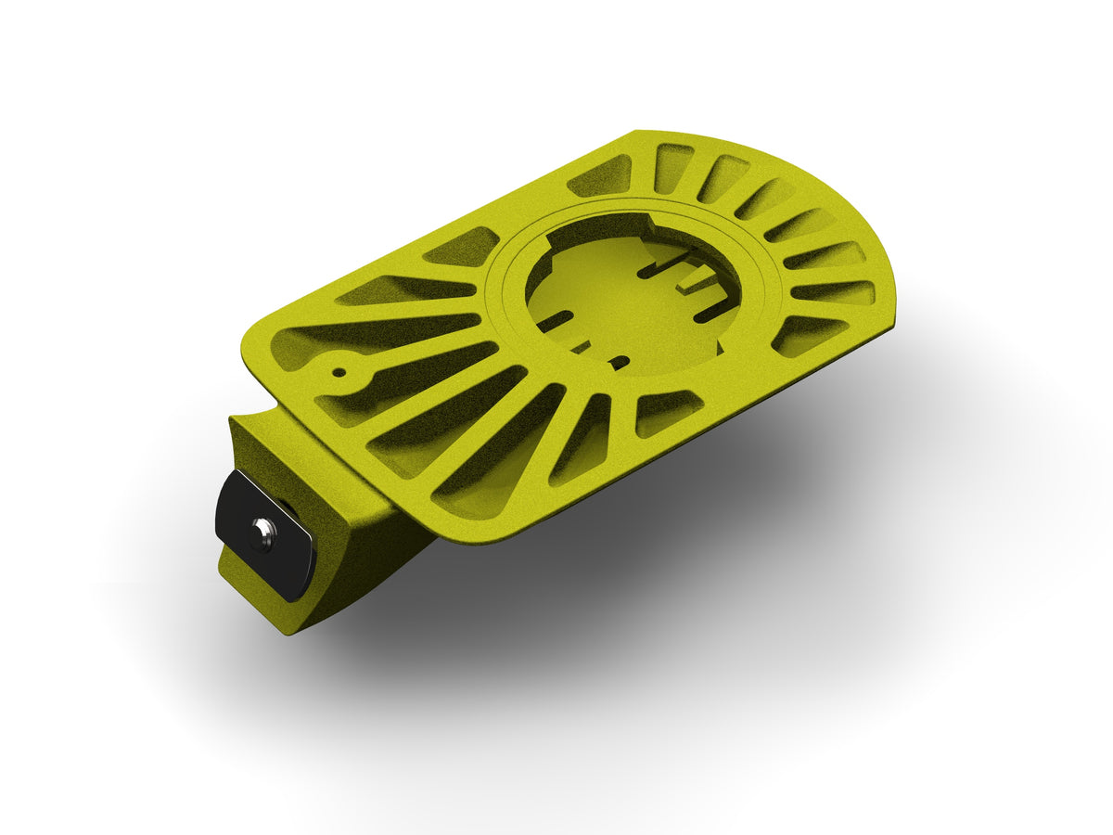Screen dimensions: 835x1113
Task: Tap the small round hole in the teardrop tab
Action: coord(339,374)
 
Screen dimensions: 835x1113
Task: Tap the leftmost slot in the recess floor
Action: coord(555,321)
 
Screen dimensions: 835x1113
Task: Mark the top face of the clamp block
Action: coord(306,445)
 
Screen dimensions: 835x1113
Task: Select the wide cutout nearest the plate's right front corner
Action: coord(807,334)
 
